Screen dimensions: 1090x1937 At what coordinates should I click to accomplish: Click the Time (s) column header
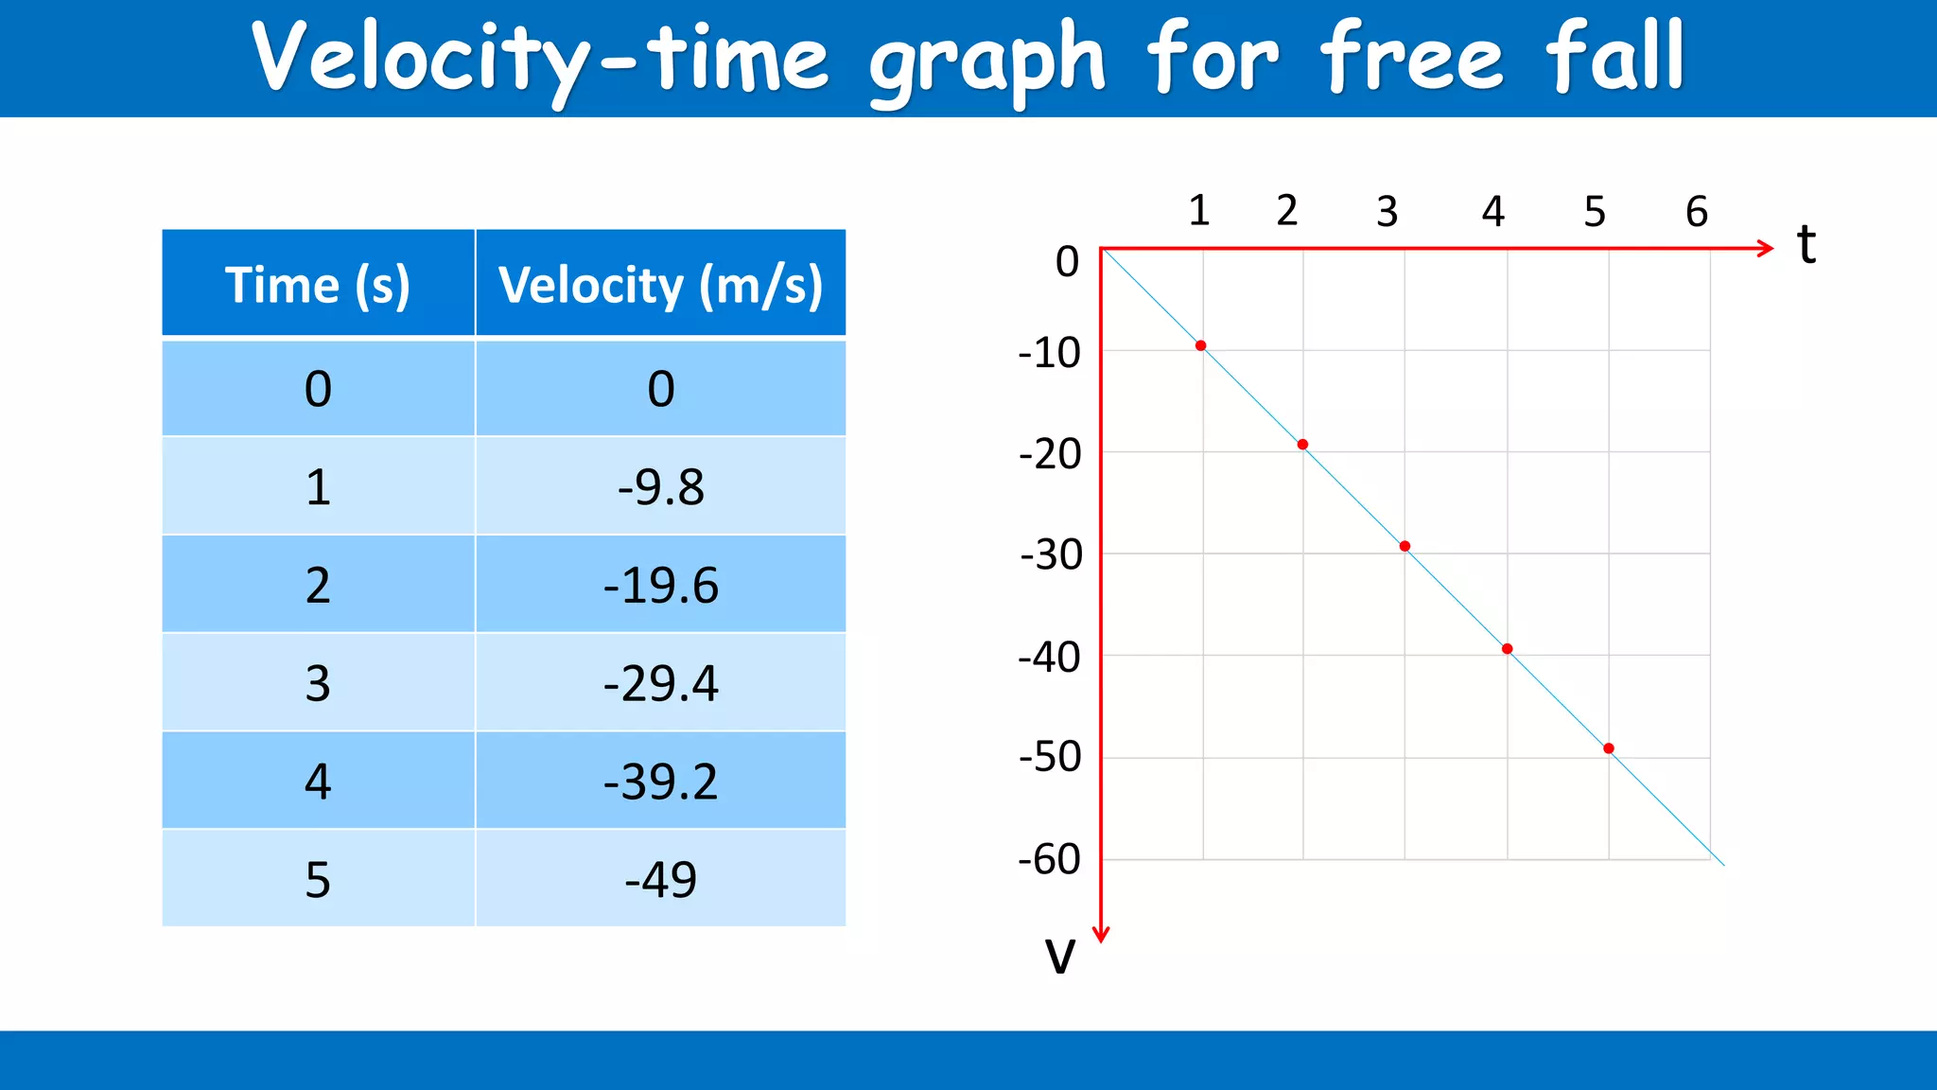318,284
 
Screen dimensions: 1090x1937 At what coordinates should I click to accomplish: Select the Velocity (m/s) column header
660,284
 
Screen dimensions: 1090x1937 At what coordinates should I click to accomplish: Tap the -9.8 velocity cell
660,486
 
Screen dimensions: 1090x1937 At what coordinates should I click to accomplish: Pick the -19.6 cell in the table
660,585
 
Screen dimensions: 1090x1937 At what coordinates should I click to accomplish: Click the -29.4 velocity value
660,683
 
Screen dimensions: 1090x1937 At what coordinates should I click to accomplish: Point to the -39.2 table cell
660,782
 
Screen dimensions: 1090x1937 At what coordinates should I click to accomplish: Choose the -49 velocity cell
660,879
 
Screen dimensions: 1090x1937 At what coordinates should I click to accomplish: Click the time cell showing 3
318,683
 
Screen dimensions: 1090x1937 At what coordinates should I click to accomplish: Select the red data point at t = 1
1200,346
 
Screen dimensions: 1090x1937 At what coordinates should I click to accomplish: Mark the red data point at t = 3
1405,546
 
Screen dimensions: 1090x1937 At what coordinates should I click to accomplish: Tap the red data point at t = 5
1609,748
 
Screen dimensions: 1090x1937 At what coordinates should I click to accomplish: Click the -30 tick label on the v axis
1051,555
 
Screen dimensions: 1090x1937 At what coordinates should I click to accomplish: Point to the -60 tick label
1049,860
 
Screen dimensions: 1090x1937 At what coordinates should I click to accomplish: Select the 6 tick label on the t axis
1697,211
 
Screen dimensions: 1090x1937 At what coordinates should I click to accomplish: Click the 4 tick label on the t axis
1492,211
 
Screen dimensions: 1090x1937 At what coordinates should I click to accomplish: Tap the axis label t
1806,244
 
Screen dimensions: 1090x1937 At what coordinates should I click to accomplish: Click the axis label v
1060,956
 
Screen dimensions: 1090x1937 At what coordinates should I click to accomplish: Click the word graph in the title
987,61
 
